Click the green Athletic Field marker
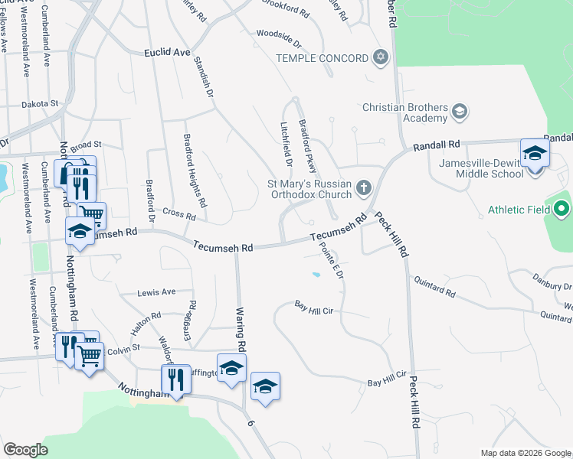coord(562,208)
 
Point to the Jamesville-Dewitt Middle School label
coord(481,168)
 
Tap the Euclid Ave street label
coord(166,53)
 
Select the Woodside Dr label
coord(279,34)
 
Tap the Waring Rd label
coord(241,335)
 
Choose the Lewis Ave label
coord(156,291)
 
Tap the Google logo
coord(25,450)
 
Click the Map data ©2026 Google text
coord(525,453)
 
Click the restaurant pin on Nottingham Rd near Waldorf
coord(176,379)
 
